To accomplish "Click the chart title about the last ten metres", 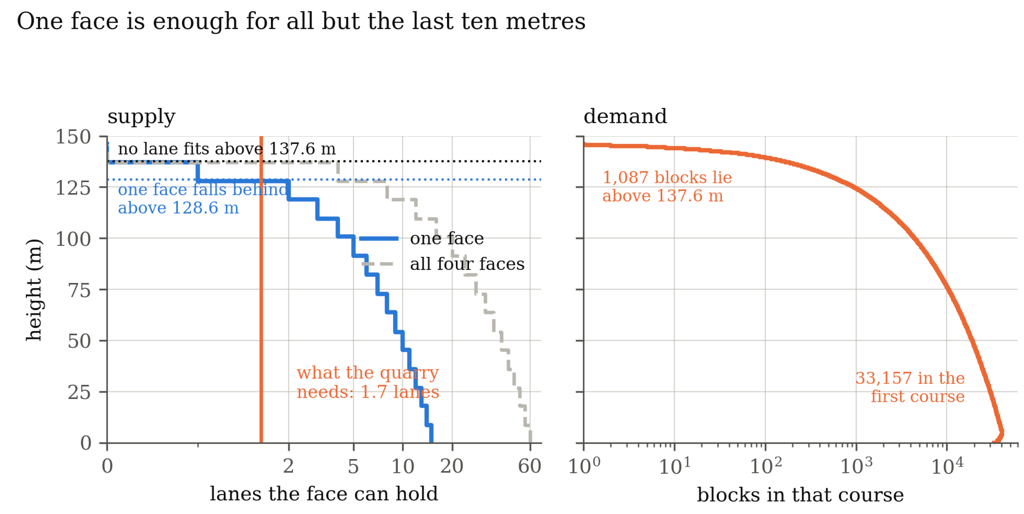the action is pyautogui.click(x=301, y=21).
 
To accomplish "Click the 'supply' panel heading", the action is pyautogui.click(x=141, y=117).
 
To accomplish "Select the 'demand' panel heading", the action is pyautogui.click(x=625, y=117).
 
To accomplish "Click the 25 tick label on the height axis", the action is pyautogui.click(x=79, y=393).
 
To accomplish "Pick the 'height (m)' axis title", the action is pyautogui.click(x=34, y=290).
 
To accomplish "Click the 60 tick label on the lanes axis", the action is pyautogui.click(x=529, y=466).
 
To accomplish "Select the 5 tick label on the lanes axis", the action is pyautogui.click(x=353, y=466).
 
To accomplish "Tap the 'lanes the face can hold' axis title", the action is pyautogui.click(x=324, y=494).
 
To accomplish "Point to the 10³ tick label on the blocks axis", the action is pyautogui.click(x=856, y=465).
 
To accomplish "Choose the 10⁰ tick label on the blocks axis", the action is pyautogui.click(x=584, y=465).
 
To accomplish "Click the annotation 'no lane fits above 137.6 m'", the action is pyautogui.click(x=227, y=149).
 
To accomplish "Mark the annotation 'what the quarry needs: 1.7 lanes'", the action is pyautogui.click(x=368, y=383).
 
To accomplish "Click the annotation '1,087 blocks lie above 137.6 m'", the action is pyautogui.click(x=667, y=186).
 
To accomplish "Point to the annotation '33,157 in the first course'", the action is pyautogui.click(x=910, y=387).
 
